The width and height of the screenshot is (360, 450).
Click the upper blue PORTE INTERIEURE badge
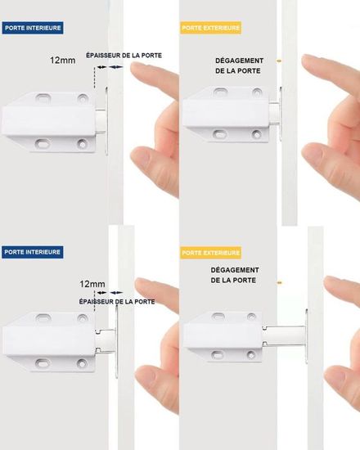pyautogui.click(x=33, y=28)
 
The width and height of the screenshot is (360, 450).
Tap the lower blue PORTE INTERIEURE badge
pyautogui.click(x=32, y=252)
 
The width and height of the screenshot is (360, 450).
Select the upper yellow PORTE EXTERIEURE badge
pyautogui.click(x=211, y=28)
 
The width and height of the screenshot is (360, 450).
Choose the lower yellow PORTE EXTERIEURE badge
pyautogui.click(x=211, y=253)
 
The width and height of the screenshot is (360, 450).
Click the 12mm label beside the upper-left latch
pyautogui.click(x=62, y=61)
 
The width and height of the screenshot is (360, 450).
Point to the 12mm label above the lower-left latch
pyautogui.click(x=92, y=284)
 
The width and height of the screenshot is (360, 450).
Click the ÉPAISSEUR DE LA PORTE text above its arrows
pyautogui.click(x=124, y=56)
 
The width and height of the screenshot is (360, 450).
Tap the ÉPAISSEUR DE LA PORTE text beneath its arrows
pyautogui.click(x=117, y=302)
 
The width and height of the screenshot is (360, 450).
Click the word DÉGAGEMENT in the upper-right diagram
pyautogui.click(x=239, y=61)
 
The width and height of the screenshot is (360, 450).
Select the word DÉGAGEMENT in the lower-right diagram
pyautogui.click(x=235, y=270)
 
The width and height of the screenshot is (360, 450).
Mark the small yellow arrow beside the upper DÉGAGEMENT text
pyautogui.click(x=279, y=61)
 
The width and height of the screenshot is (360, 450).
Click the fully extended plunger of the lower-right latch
pyautogui.click(x=284, y=336)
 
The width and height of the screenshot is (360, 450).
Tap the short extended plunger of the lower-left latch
pyautogui.click(x=106, y=340)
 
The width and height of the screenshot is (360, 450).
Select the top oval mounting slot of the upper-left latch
pyautogui.click(x=43, y=98)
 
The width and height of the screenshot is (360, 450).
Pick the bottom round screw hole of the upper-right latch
pyautogui.click(x=257, y=133)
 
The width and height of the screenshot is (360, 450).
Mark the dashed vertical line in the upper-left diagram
pyautogui.click(x=94, y=78)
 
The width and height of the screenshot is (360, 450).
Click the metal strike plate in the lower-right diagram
pyautogui.click(x=307, y=336)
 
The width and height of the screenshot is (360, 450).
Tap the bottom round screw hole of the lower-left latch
pyautogui.click(x=82, y=363)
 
